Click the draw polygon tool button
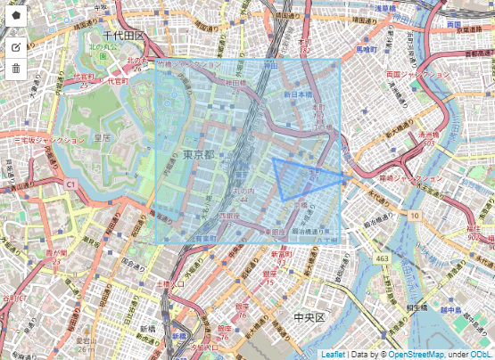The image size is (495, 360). (15, 15)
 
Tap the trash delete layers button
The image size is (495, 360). (15, 69)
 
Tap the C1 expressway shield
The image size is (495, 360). (70, 184)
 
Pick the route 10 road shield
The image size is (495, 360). (416, 216)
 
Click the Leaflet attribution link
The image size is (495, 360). (334, 354)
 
